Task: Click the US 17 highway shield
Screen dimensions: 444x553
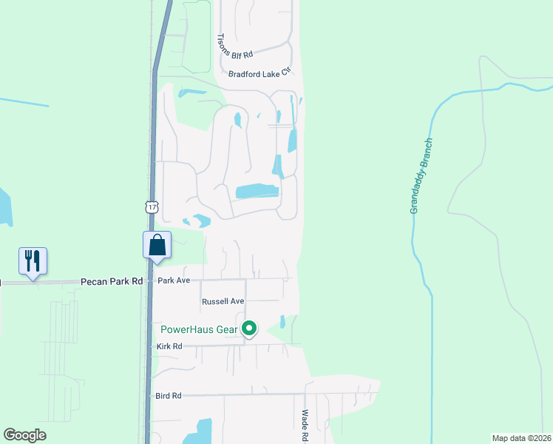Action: pyautogui.click(x=152, y=208)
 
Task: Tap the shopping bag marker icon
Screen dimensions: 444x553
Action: pyautogui.click(x=157, y=244)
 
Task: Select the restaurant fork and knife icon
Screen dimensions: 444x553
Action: pyautogui.click(x=33, y=260)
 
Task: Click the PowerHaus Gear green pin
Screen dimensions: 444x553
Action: pyautogui.click(x=250, y=328)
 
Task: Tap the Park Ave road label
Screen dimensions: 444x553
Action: pyautogui.click(x=174, y=281)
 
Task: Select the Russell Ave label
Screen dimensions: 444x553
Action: pyautogui.click(x=223, y=302)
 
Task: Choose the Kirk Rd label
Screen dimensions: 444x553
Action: pyautogui.click(x=169, y=346)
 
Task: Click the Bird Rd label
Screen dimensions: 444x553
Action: pyautogui.click(x=169, y=396)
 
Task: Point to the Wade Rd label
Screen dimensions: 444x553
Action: pyautogui.click(x=305, y=425)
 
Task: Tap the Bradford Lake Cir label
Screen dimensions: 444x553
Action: pyautogui.click(x=260, y=73)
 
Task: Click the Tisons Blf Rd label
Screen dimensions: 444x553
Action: pyautogui.click(x=236, y=46)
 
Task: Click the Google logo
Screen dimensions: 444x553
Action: pyautogui.click(x=25, y=435)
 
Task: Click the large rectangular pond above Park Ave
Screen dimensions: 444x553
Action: pyautogui.click(x=257, y=191)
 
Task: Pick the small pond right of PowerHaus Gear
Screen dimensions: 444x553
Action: pyautogui.click(x=283, y=322)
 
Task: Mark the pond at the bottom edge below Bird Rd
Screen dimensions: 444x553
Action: pyautogui.click(x=197, y=432)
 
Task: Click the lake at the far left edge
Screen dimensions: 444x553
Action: pyautogui.click(x=4, y=207)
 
